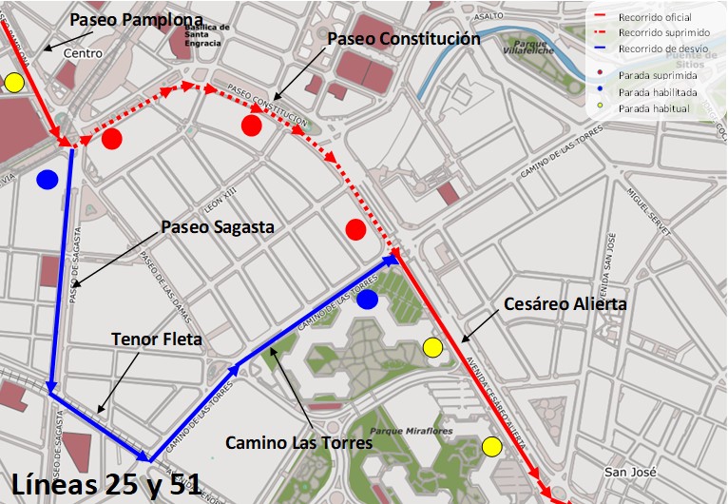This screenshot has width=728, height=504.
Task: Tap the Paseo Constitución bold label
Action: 403,39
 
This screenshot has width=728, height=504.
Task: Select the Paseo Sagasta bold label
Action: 217,227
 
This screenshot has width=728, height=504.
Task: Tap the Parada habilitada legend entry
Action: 657,92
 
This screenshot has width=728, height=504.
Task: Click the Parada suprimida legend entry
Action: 657,74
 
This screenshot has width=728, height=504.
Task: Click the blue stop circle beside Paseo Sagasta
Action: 48,179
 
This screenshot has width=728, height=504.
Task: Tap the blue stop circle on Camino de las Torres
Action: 368,300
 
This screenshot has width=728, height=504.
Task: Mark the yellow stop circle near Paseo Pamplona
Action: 13,83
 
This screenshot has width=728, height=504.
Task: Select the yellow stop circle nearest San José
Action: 491,446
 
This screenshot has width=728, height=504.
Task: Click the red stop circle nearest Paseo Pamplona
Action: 112,140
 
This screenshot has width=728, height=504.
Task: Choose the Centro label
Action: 83,53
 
